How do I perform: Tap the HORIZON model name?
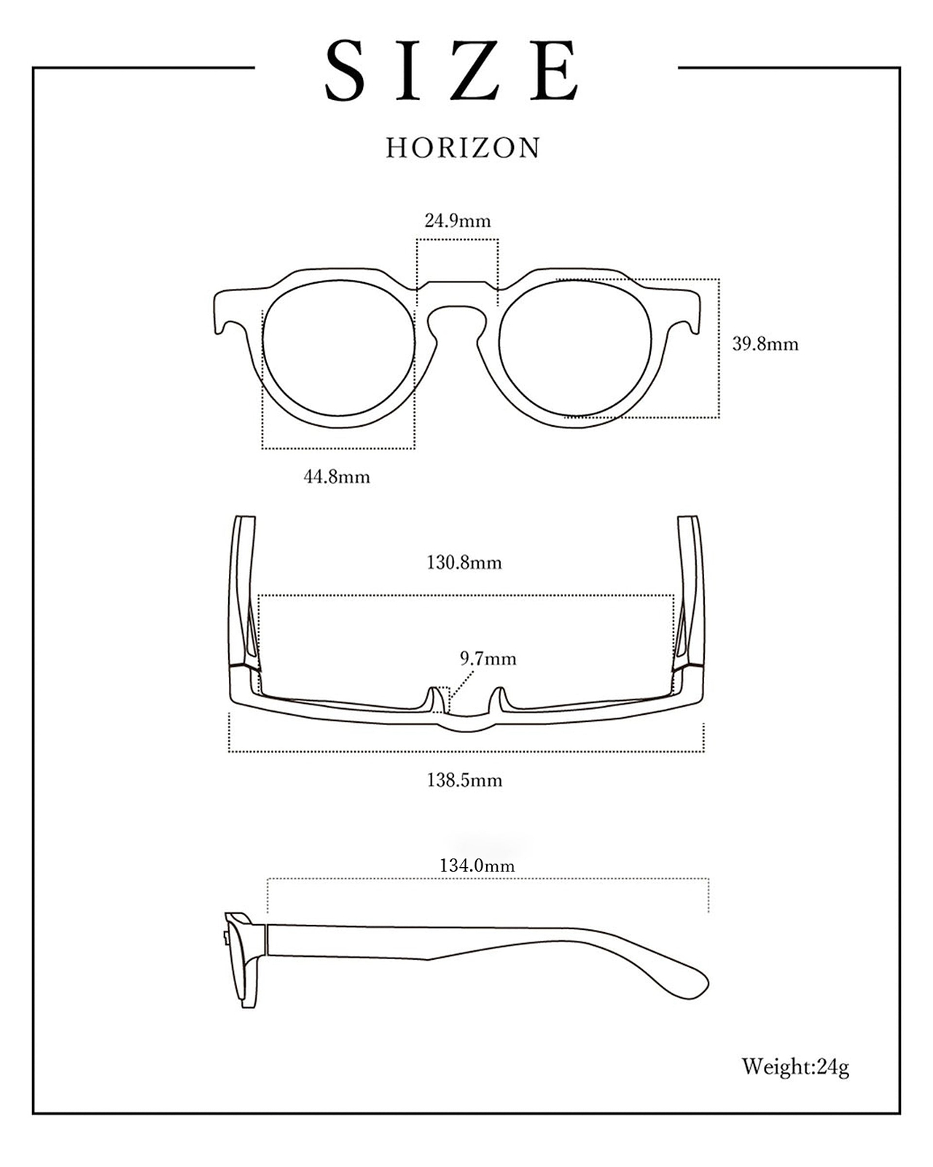click(x=463, y=148)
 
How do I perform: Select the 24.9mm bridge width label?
click(x=458, y=221)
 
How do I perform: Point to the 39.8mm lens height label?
click(x=765, y=344)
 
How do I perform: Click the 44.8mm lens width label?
click(x=337, y=477)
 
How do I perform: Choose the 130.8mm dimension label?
click(x=464, y=562)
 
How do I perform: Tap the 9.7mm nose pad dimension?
click(x=488, y=659)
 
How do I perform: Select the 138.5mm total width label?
click(x=464, y=780)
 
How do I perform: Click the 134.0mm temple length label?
click(x=477, y=865)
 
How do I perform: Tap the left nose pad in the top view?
click(x=437, y=700)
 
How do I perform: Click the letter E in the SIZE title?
click(x=553, y=71)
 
